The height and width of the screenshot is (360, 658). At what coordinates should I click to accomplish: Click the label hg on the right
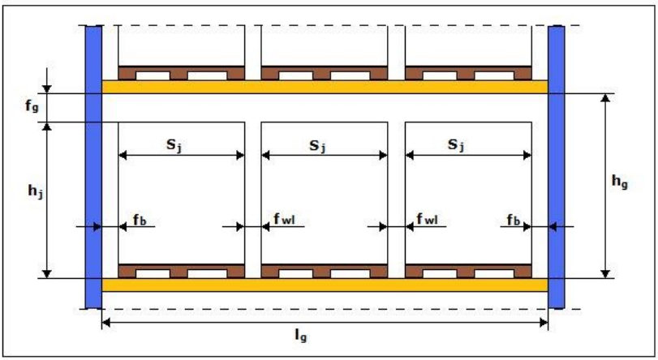tap(619, 182)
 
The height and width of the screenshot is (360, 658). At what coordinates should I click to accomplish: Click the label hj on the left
tap(35, 191)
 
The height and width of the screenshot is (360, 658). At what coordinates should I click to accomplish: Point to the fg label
tap(32, 105)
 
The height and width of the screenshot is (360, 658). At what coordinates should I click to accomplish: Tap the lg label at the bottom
tap(301, 336)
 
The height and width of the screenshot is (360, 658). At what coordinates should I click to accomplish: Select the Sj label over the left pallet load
tap(174, 145)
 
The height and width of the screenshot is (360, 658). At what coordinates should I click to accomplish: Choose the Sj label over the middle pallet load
tap(318, 146)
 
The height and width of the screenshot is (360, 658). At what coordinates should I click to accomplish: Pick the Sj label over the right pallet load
tap(456, 145)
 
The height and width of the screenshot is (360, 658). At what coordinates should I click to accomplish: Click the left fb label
tap(140, 220)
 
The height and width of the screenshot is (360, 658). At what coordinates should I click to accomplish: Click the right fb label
tap(514, 220)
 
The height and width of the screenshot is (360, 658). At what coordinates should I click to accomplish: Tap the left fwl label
tap(285, 219)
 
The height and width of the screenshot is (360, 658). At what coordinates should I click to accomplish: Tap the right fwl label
tap(428, 219)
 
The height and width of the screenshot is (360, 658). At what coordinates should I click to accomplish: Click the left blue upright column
tap(93, 167)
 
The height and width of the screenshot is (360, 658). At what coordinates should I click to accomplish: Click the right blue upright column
tap(557, 167)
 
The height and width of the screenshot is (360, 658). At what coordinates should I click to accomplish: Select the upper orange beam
tap(325, 87)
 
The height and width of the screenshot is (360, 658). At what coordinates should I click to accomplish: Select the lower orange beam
tap(325, 285)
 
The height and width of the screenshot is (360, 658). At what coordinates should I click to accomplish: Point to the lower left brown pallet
tap(181, 271)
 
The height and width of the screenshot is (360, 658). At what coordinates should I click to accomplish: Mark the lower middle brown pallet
tap(325, 271)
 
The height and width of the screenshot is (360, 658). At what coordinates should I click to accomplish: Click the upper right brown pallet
tap(468, 73)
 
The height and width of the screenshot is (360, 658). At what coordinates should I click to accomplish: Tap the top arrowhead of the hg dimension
tap(605, 97)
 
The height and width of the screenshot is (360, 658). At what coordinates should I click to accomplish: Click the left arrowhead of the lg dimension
tap(105, 322)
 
